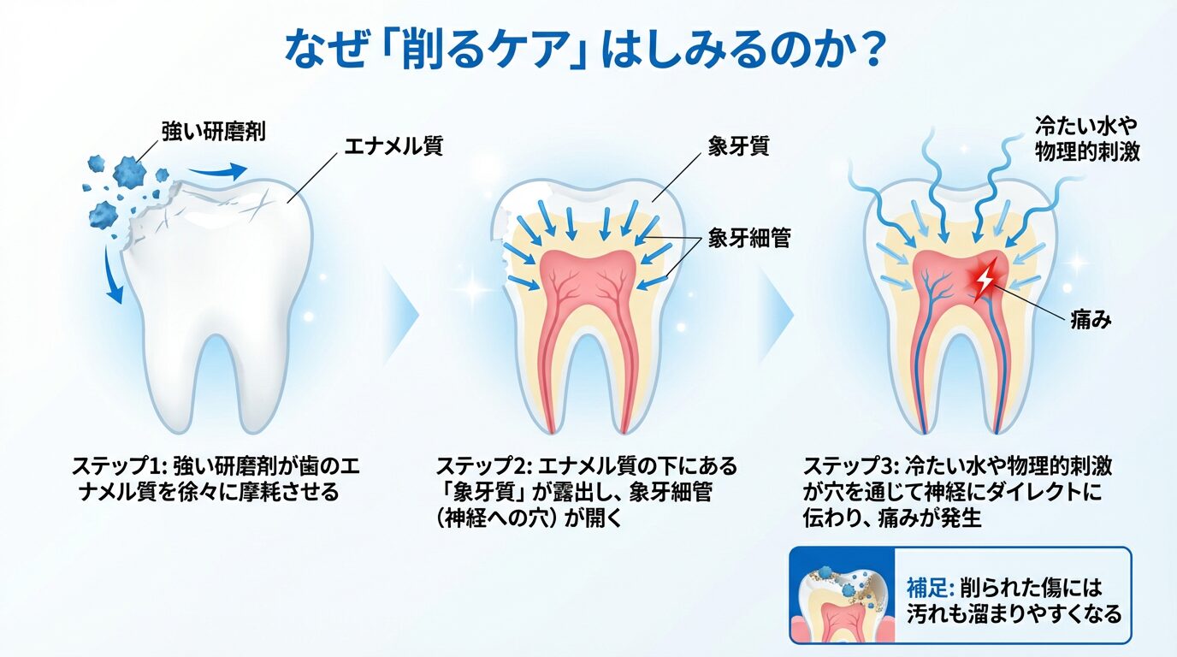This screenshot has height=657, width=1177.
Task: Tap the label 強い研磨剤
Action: coord(213,131)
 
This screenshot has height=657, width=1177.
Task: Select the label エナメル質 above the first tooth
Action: coord(393,147)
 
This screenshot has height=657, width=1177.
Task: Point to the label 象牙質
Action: coord(738,145)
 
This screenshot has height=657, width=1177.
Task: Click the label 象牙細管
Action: coord(749,239)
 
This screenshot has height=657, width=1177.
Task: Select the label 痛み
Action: coord(1091,320)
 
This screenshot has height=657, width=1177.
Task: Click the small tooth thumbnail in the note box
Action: coord(842,596)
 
